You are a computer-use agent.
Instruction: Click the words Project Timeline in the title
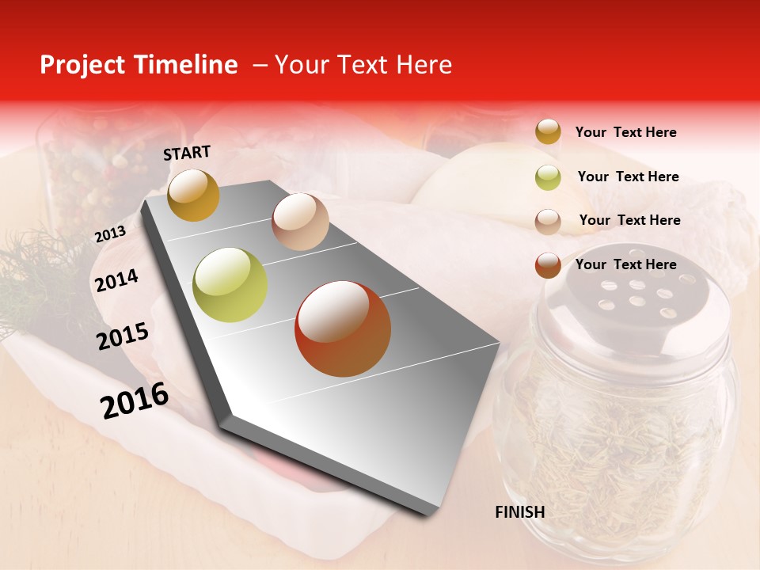click(139, 65)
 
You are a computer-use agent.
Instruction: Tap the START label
click(187, 153)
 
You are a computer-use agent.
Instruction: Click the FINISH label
click(519, 512)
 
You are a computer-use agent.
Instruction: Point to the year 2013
click(110, 234)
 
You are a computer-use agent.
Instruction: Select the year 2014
click(116, 280)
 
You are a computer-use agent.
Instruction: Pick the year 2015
click(123, 336)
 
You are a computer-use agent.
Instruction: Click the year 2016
click(135, 401)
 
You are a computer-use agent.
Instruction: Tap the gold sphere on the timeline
click(193, 195)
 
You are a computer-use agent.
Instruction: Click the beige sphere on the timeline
click(300, 222)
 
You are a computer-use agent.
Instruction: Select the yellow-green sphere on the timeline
click(230, 285)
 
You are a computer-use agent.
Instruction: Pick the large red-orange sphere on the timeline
click(343, 329)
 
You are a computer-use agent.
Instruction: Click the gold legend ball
click(548, 131)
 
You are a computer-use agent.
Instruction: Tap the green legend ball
click(548, 177)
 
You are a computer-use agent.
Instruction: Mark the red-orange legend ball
click(548, 265)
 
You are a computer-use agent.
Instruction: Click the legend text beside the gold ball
click(625, 132)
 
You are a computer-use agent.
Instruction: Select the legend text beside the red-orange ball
click(625, 264)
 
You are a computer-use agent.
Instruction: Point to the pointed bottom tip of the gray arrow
click(431, 513)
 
